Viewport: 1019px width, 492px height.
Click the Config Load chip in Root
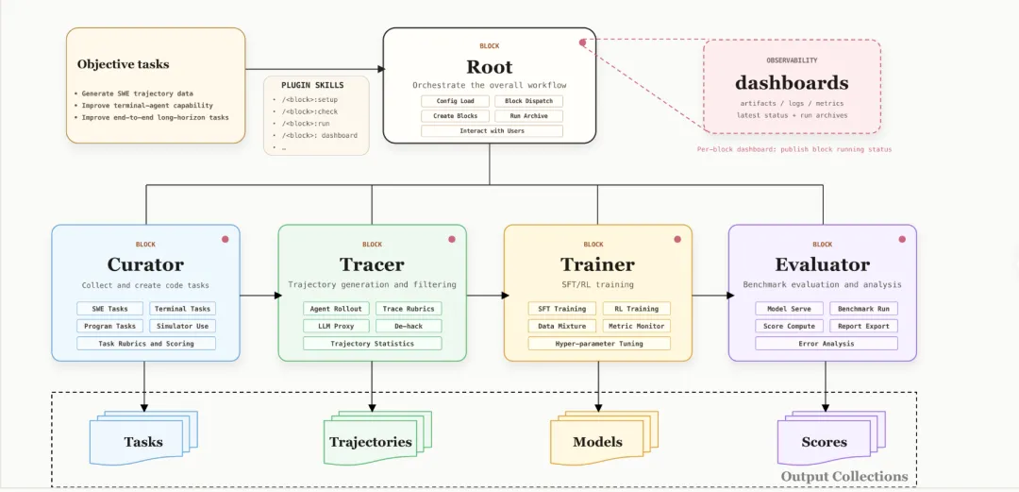click(455, 101)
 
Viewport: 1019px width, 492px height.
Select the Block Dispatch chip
click(528, 101)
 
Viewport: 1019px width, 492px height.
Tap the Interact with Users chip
click(492, 131)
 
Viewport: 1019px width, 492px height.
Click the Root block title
click(489, 67)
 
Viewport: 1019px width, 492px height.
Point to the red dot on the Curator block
click(226, 239)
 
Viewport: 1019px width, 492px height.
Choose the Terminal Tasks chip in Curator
click(182, 309)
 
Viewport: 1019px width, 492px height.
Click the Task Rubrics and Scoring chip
click(145, 343)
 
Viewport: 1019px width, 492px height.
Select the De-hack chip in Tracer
click(409, 326)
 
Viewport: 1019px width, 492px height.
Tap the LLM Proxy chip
click(337, 326)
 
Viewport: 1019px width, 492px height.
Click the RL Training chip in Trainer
click(636, 309)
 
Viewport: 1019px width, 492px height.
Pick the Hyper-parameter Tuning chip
click(598, 343)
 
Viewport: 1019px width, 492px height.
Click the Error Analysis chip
click(826, 343)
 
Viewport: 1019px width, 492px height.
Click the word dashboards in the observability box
click(792, 83)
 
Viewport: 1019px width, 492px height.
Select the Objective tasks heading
click(123, 64)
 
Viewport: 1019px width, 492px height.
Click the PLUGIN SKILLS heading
click(312, 85)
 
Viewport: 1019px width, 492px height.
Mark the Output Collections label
click(844, 476)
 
